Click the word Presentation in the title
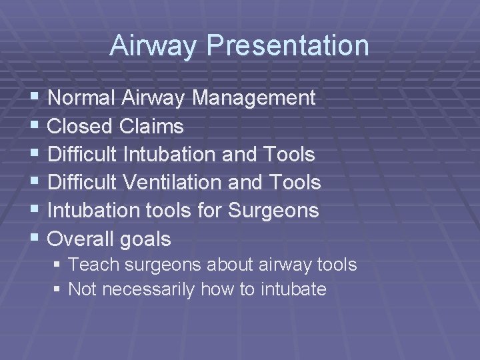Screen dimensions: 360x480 (x=287, y=46)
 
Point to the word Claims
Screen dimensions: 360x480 (x=152, y=127)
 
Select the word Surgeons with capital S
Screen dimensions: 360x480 (x=274, y=211)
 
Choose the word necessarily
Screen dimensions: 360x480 (x=146, y=290)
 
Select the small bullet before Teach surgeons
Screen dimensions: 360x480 (x=58, y=265)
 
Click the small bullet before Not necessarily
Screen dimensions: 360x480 (x=58, y=290)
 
